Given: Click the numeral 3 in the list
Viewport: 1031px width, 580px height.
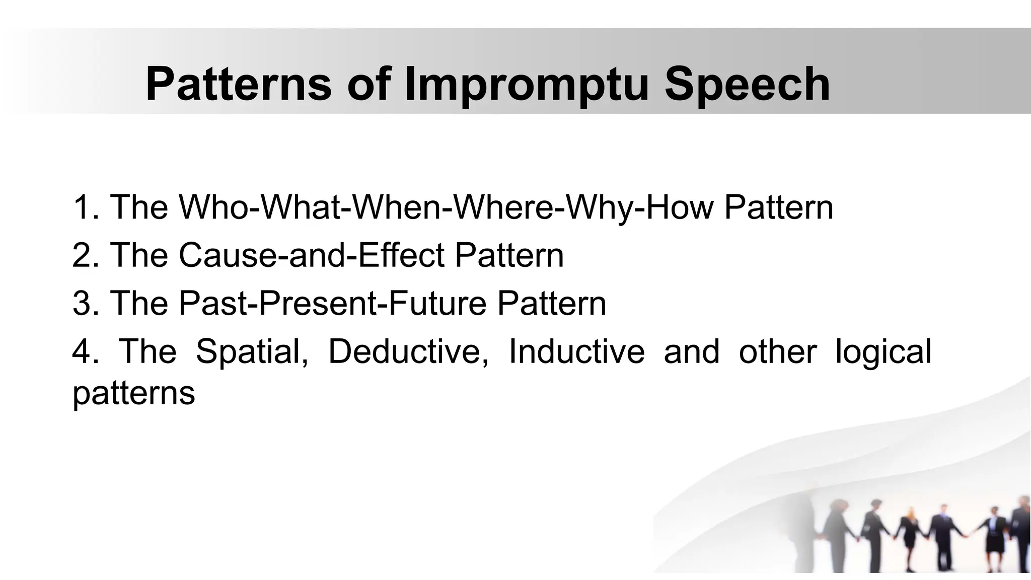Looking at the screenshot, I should [x=82, y=303].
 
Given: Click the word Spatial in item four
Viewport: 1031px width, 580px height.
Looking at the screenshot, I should [x=252, y=351].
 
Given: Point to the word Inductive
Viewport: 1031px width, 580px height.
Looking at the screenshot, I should [x=576, y=351].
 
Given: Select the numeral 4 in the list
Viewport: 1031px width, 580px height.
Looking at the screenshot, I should [x=82, y=351].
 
